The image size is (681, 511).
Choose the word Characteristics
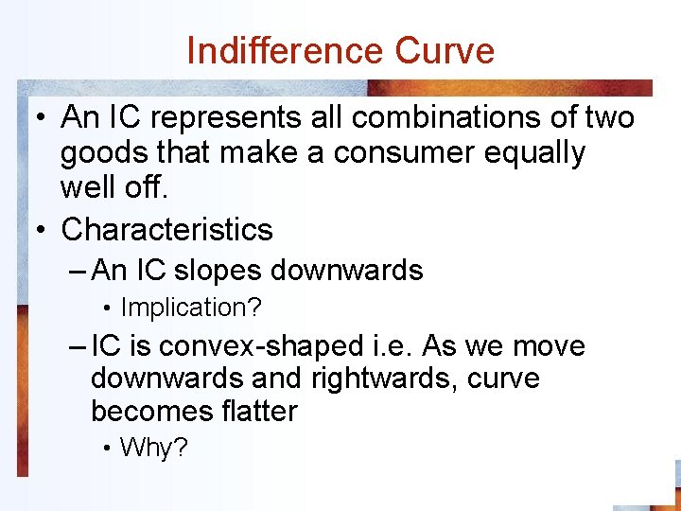pos(166,229)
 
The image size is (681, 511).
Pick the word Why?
pos(154,448)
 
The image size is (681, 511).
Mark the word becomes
pos(146,412)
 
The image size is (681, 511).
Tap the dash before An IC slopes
pos(79,271)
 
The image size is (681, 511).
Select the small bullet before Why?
pos(110,449)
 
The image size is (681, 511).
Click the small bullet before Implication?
pos(110,308)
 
